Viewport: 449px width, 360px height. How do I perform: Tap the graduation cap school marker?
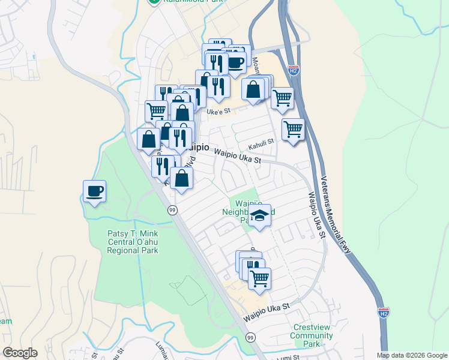click(259, 215)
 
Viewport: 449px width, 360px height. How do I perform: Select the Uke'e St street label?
click(218, 112)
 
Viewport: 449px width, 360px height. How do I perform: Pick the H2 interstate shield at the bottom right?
click(384, 313)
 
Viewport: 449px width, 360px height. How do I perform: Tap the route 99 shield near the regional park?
click(172, 209)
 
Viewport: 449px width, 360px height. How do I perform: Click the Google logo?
click(20, 353)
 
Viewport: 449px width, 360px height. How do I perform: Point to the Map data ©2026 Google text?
click(412, 355)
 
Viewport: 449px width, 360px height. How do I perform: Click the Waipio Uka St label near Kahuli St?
click(238, 157)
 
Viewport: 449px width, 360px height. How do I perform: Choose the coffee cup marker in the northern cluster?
click(236, 61)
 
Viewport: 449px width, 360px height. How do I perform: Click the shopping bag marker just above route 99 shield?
click(181, 178)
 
